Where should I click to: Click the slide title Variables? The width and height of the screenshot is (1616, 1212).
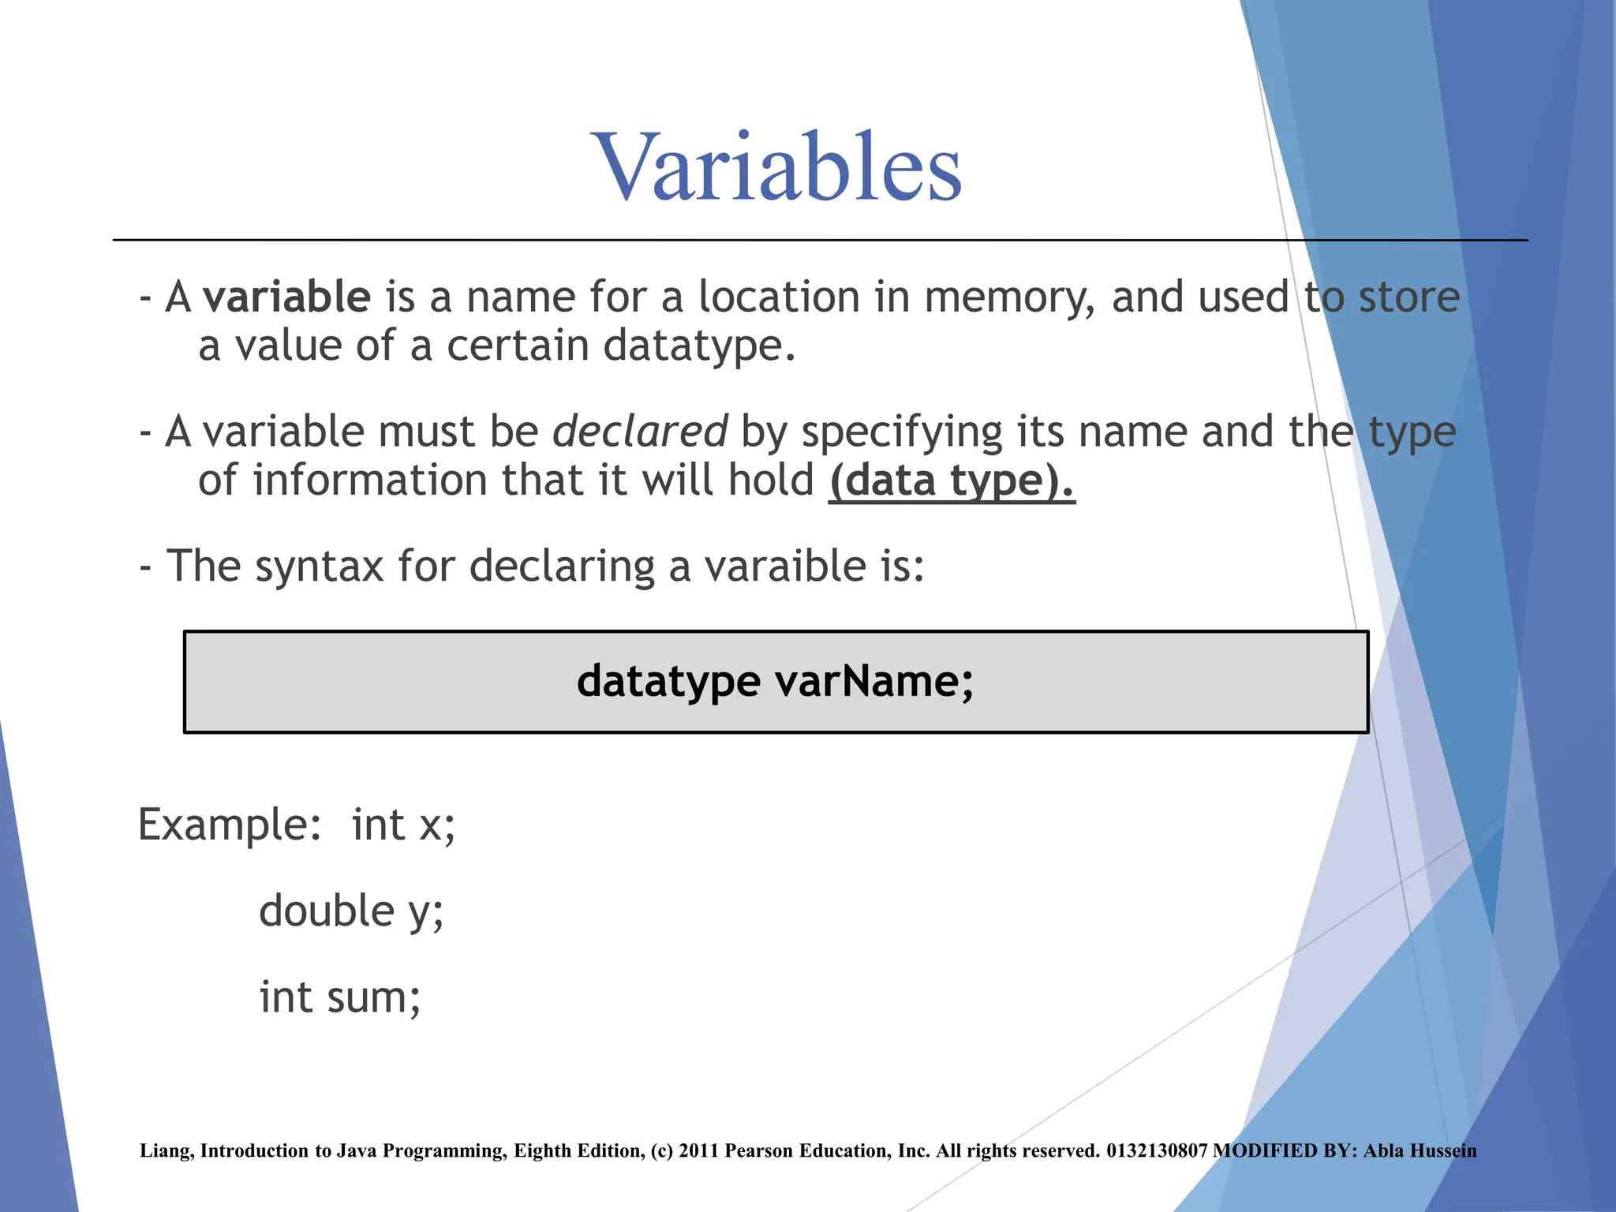(x=778, y=167)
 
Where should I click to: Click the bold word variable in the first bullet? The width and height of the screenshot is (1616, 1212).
(x=286, y=297)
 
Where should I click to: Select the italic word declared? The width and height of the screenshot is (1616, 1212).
(x=639, y=432)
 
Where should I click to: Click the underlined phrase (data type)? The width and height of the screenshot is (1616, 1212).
(x=952, y=481)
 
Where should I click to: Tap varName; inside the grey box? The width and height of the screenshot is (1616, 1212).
(x=874, y=681)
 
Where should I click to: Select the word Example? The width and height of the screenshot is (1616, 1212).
(x=230, y=825)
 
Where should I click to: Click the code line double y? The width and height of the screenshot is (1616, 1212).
(x=351, y=912)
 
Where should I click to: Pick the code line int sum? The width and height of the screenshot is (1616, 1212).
(x=340, y=997)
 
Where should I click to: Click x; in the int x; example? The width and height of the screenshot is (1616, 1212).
(x=437, y=826)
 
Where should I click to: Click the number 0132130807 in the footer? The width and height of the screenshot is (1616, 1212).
(x=1157, y=1151)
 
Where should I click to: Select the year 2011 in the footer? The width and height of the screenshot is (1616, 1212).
(x=698, y=1151)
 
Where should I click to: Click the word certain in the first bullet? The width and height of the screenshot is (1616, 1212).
(x=518, y=346)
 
